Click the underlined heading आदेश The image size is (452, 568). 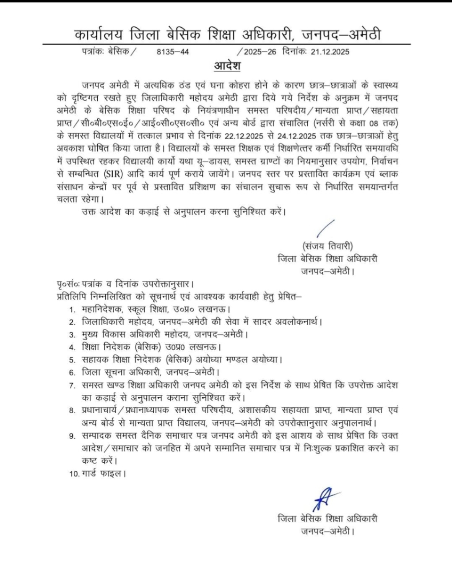pos(227,66)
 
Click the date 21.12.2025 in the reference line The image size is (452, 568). pos(330,52)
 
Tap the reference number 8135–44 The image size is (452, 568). pos(173,52)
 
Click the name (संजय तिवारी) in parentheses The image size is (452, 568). pos(327,246)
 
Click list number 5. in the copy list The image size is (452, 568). pos(73,360)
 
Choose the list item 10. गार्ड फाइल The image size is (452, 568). pos(98,474)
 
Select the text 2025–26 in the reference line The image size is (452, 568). pos(260,52)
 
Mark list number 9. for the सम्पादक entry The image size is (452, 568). pos(73,436)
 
